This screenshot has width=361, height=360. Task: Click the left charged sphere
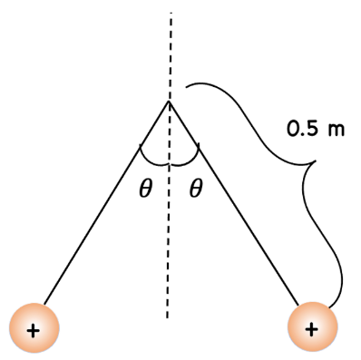coord(34,327)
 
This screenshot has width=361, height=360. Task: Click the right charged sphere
coord(312,327)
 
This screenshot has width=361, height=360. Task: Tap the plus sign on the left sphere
coord(34,329)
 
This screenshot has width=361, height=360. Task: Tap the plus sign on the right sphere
coord(312,329)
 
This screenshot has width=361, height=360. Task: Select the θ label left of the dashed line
coord(145,190)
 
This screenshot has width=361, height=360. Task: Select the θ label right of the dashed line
coord(194,190)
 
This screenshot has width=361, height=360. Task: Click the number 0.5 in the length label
coord(303,130)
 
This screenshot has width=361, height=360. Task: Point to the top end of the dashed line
coord(170,14)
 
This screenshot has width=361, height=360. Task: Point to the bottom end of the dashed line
coord(169,316)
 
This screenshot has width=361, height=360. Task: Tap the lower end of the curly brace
coord(332,306)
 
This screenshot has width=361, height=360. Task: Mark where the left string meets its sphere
coord(44,304)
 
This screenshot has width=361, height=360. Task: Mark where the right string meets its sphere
coord(298,305)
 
